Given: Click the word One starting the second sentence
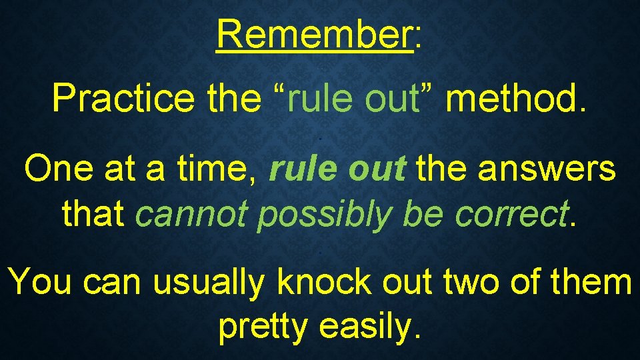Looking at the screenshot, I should point(56,169).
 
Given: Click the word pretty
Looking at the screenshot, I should point(264,327).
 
